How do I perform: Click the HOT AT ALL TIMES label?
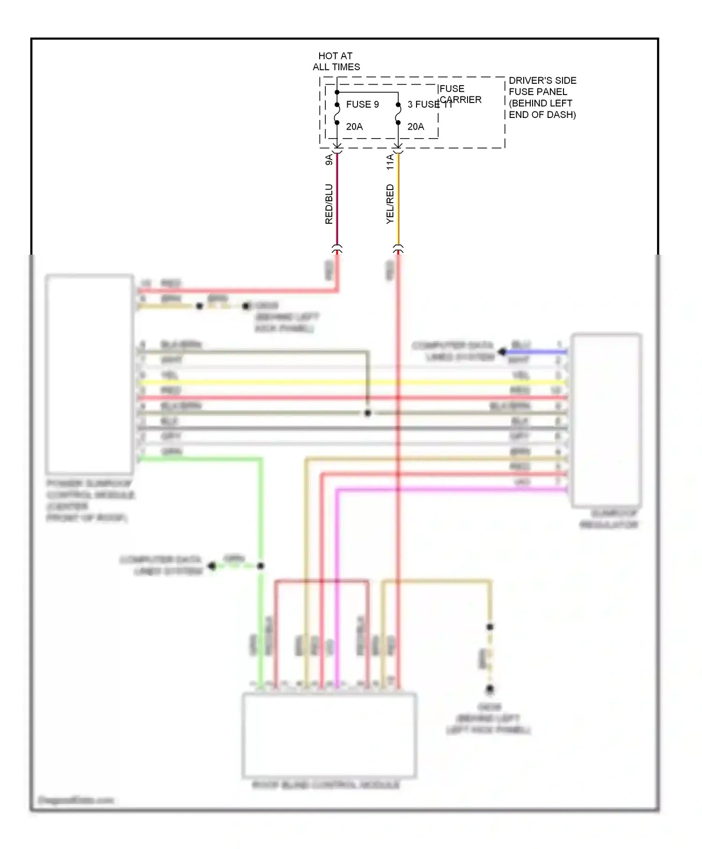coord(336,61)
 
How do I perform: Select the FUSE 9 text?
coord(362,104)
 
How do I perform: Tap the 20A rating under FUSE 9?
coord(354,127)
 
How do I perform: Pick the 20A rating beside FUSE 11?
coord(416,127)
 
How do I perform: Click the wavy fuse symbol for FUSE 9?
coord(337,114)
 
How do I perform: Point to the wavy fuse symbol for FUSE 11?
coord(398,114)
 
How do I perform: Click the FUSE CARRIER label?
coord(460,94)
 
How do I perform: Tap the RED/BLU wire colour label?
coord(329,204)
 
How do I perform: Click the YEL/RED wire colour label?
coord(390,204)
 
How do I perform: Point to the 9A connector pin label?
coord(329,159)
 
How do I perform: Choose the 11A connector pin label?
coord(390,161)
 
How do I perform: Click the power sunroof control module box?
coord(89,374)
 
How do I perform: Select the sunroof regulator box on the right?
coord(606,420)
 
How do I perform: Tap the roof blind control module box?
coord(329,735)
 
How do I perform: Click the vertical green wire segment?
coord(261,608)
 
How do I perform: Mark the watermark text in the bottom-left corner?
coord(76,800)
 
